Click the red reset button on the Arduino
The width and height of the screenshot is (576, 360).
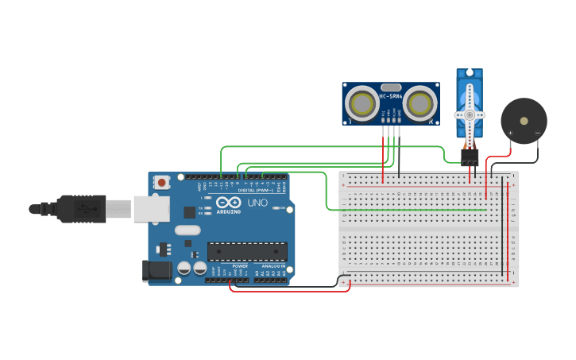(162, 182)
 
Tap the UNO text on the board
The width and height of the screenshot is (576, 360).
(257, 203)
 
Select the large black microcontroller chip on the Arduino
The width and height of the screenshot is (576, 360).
(247, 252)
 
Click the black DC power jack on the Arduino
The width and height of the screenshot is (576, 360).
(157, 270)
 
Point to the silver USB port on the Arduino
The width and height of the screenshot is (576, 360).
(151, 209)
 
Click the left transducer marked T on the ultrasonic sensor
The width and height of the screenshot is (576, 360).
(362, 104)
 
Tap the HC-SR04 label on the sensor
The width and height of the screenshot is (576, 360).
(390, 97)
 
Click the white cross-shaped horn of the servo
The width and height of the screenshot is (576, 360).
(469, 114)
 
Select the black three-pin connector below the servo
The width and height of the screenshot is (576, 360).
(470, 157)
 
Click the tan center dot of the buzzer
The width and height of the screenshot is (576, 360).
(524, 121)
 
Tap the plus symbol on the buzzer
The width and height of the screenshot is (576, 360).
(510, 133)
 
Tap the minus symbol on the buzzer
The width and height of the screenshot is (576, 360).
(537, 133)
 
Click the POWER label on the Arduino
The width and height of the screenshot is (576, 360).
(240, 265)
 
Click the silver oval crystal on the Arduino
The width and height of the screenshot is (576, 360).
(187, 230)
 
